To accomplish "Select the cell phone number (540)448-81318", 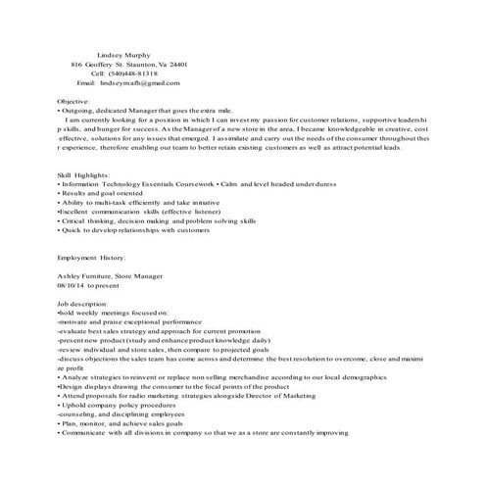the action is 138,73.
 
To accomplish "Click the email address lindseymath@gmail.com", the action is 141,83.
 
